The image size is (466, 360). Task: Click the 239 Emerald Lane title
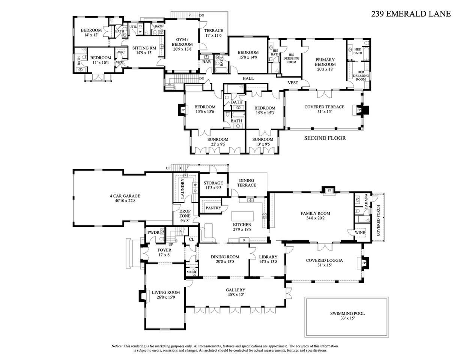[x=411, y=14]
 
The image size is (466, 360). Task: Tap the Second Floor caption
[x=325, y=138]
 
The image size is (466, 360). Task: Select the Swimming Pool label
[x=347, y=313]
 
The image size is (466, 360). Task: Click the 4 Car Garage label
[x=125, y=196]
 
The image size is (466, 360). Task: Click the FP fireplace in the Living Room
[x=144, y=296]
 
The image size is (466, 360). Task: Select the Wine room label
[x=360, y=232]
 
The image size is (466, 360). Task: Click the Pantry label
[x=213, y=208]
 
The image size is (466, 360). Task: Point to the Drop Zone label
[x=185, y=213]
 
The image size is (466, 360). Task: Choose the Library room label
[x=268, y=257]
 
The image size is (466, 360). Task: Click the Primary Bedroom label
[x=325, y=62]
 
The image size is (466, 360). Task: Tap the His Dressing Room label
[x=291, y=58]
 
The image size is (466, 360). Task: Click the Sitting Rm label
[x=144, y=48]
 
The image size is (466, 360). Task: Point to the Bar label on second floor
[x=206, y=62]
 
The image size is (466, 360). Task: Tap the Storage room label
[x=213, y=183]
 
